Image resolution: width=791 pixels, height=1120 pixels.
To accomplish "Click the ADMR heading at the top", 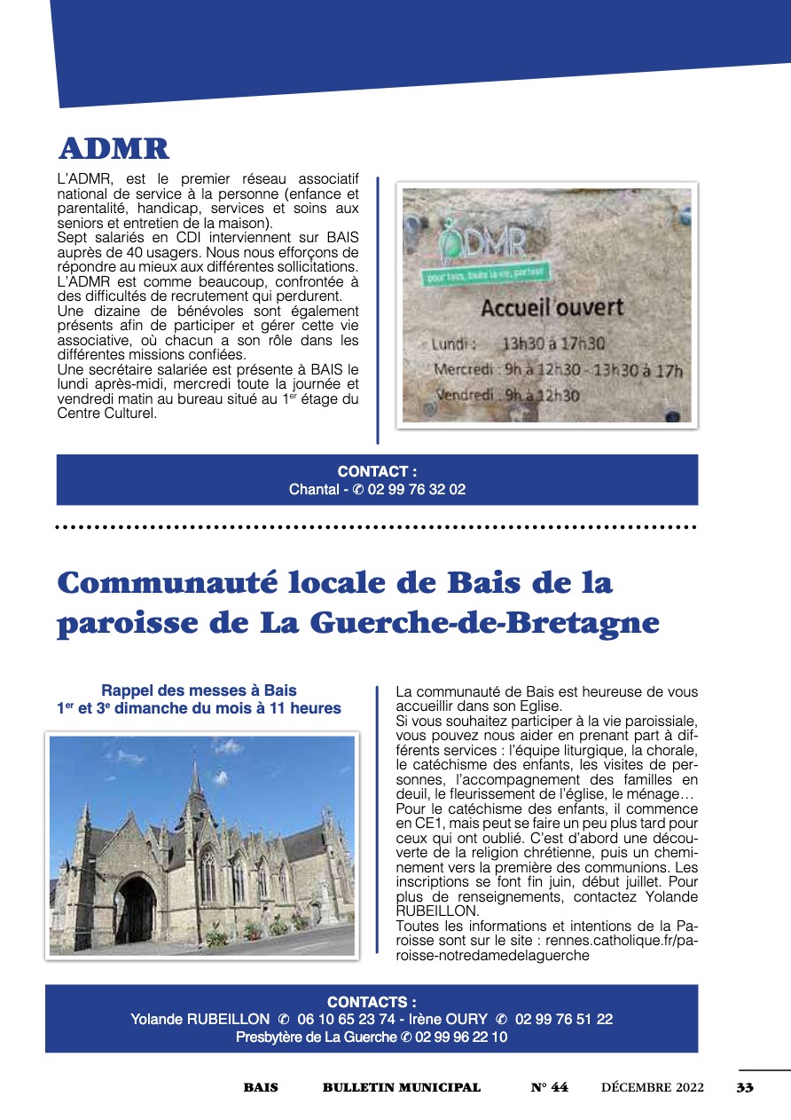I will pyautogui.click(x=114, y=149).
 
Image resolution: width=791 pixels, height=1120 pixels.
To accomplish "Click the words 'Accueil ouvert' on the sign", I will pyautogui.click(x=552, y=309).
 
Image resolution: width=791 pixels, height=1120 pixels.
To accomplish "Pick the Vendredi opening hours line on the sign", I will pyautogui.click(x=506, y=395).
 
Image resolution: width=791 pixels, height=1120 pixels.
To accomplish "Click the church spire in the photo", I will pyautogui.click(x=195, y=781).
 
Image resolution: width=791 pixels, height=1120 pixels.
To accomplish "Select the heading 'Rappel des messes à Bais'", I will pyautogui.click(x=199, y=690).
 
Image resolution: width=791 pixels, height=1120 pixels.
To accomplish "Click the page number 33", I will pyautogui.click(x=745, y=1087).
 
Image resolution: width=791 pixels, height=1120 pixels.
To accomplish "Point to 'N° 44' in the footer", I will pyautogui.click(x=550, y=1087).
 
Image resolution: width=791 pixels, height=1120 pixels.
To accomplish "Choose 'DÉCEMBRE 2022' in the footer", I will pyautogui.click(x=653, y=1087).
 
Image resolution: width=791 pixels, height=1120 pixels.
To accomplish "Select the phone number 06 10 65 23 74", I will pyautogui.click(x=343, y=1019).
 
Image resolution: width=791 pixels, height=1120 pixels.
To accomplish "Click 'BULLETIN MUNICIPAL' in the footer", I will pyautogui.click(x=402, y=1087).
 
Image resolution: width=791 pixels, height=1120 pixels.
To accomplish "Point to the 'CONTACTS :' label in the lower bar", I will pyautogui.click(x=372, y=1002).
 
